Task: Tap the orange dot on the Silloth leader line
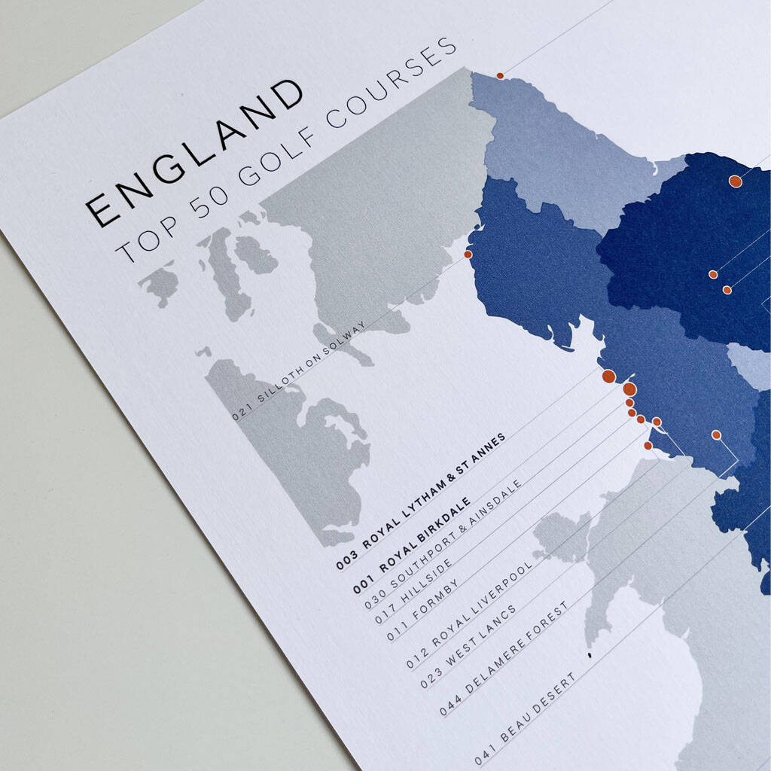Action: click(x=468, y=254)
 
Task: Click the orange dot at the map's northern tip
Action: click(x=499, y=75)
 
